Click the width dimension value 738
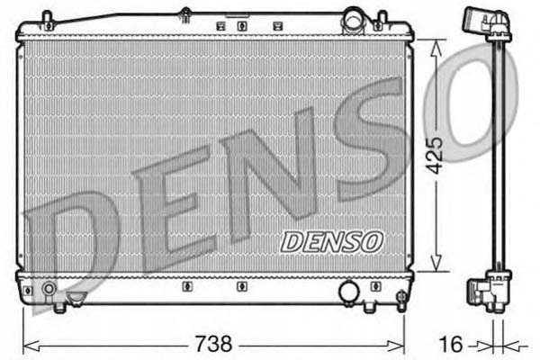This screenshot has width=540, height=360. point(213,343)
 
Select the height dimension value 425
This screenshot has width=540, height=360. point(436,155)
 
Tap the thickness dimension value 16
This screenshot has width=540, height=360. point(454,343)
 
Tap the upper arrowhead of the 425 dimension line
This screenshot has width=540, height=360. point(436,45)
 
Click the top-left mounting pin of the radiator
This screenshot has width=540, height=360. point(48,17)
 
